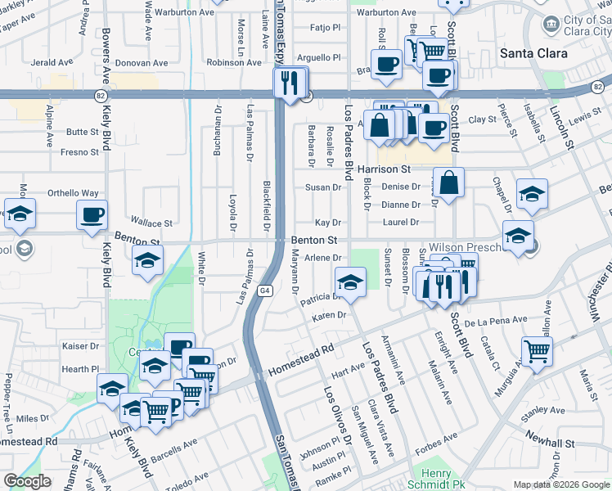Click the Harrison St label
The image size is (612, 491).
(x=384, y=169)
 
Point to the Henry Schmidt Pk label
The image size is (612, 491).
(x=436, y=480)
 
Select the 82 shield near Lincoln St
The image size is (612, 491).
(x=598, y=86)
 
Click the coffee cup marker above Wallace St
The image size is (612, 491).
(x=92, y=214)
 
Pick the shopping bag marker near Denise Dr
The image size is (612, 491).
(x=449, y=182)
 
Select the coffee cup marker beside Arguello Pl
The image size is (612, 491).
(x=386, y=63)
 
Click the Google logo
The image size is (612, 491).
(x=27, y=481)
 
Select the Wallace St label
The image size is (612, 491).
(x=152, y=223)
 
